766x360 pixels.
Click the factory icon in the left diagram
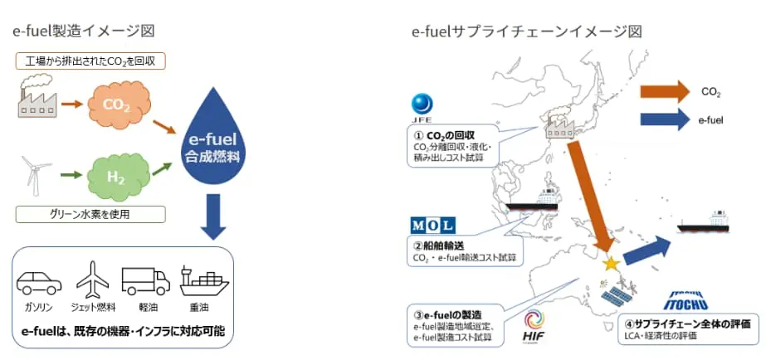pyautogui.click(x=34, y=98)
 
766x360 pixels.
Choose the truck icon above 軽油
pyautogui.click(x=145, y=281)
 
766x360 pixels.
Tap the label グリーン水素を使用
pyautogui.click(x=90, y=215)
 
